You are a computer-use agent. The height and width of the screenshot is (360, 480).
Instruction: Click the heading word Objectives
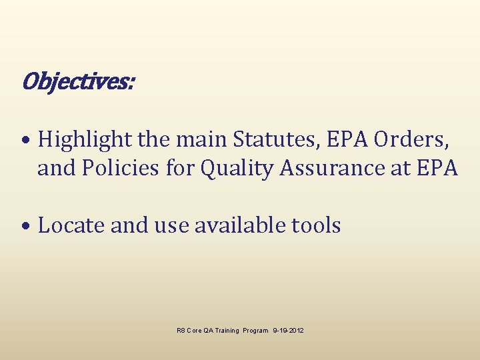pos(77,82)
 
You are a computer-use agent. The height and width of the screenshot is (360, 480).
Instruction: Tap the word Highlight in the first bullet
pos(85,139)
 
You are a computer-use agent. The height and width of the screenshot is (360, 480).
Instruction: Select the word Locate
pos(71,225)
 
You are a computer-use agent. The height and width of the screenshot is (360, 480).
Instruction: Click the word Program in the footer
pos(256,331)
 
